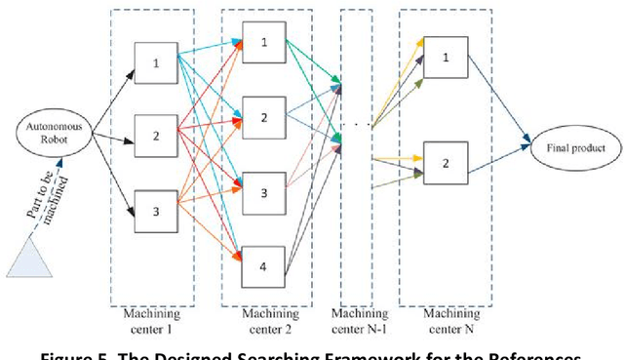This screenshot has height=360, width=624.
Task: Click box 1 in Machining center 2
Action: pyautogui.click(x=261, y=42)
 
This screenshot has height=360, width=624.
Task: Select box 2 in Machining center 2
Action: pyautogui.click(x=261, y=116)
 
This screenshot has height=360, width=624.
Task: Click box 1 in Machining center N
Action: pyautogui.click(x=446, y=58)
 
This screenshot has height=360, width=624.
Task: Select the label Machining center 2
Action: pyautogui.click(x=263, y=318)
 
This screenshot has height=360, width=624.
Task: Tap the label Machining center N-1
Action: pyautogui.click(x=359, y=319)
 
